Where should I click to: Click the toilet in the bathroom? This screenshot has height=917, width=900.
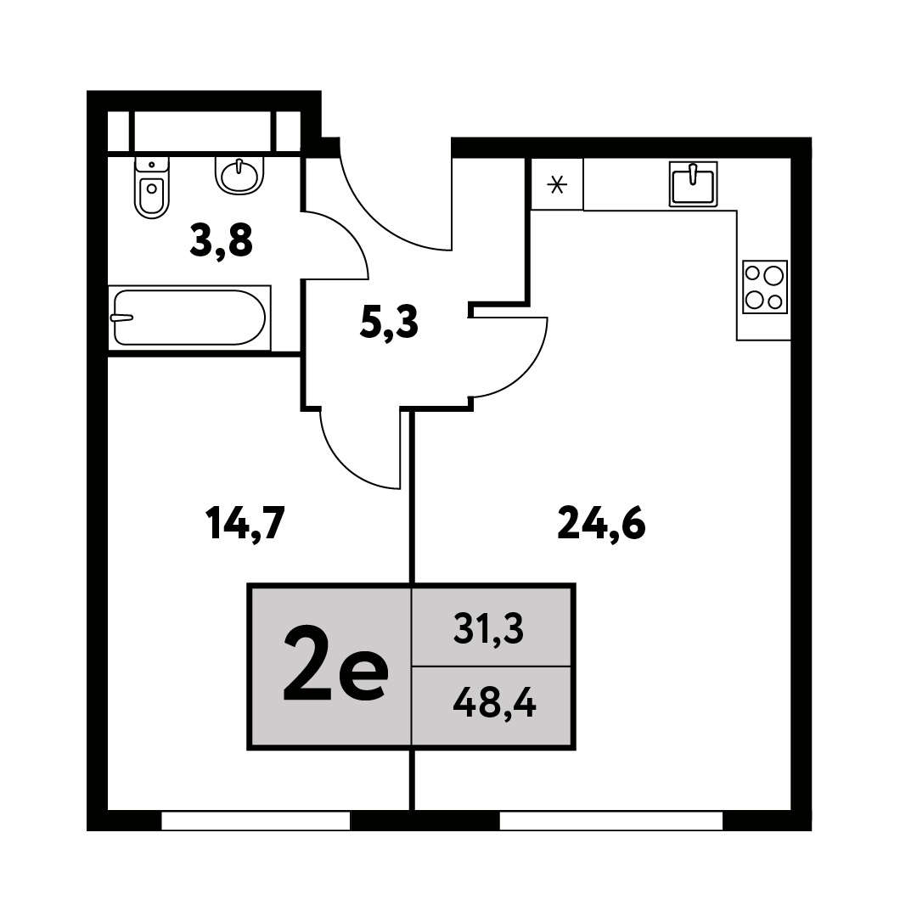pyautogui.click(x=151, y=187)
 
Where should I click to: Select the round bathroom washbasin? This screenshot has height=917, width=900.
pyautogui.click(x=239, y=175)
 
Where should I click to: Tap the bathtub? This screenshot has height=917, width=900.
pyautogui.click(x=189, y=318)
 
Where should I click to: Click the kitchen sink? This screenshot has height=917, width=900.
pyautogui.click(x=693, y=183)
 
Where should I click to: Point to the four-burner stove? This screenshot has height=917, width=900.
pyautogui.click(x=765, y=287)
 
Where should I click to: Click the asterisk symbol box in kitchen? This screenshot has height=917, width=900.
pyautogui.click(x=557, y=184)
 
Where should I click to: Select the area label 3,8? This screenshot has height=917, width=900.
pyautogui.click(x=221, y=241)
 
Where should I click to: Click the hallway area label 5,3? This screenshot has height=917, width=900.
pyautogui.click(x=389, y=323)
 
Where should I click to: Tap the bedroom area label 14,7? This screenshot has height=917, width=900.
pyautogui.click(x=245, y=524)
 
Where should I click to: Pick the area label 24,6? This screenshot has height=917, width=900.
pyautogui.click(x=601, y=523)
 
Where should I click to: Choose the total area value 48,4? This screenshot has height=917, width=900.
pyautogui.click(x=494, y=703)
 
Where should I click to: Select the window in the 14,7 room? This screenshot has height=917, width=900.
pyautogui.click(x=256, y=820)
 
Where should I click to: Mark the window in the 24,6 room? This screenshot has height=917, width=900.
pyautogui.click(x=611, y=820)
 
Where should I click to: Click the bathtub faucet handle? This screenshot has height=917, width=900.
pyautogui.click(x=121, y=318)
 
